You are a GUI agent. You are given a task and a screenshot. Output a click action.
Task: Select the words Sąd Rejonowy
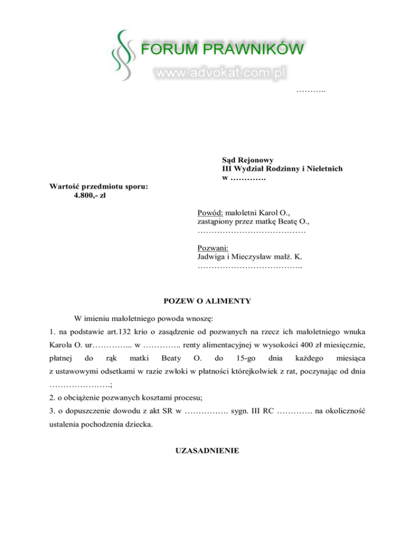coord(247,160)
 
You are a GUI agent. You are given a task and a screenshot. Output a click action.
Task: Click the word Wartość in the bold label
coord(65,187)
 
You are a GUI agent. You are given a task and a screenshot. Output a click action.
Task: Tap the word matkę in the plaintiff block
coord(263,221)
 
